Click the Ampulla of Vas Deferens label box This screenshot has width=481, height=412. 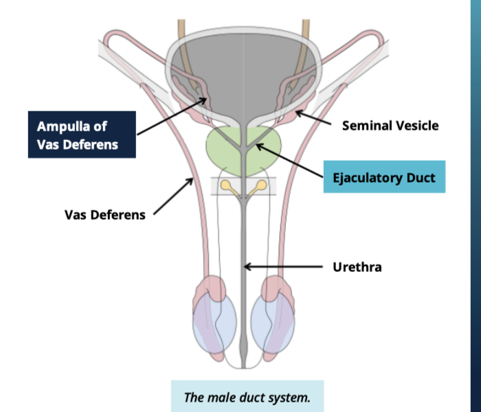click(x=82, y=135)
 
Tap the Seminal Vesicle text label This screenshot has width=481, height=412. click(x=390, y=126)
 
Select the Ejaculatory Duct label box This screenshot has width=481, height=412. click(x=384, y=178)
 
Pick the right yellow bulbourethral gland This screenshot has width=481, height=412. click(x=264, y=185)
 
